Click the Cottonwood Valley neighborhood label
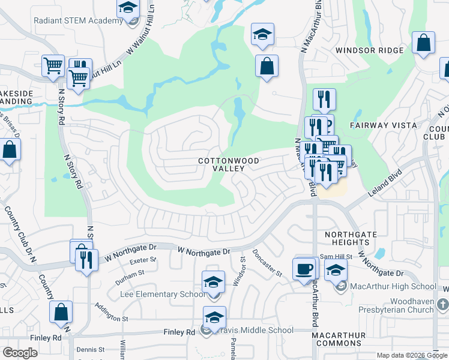[x=220, y=165]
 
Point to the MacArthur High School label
[x=395, y=286]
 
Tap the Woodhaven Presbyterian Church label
[x=394, y=305]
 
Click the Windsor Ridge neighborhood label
[x=363, y=50]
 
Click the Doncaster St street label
[x=267, y=263]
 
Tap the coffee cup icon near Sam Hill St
[x=305, y=268]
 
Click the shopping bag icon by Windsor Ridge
[x=424, y=43]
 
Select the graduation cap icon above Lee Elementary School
[x=213, y=282]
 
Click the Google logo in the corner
[x=20, y=353]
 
